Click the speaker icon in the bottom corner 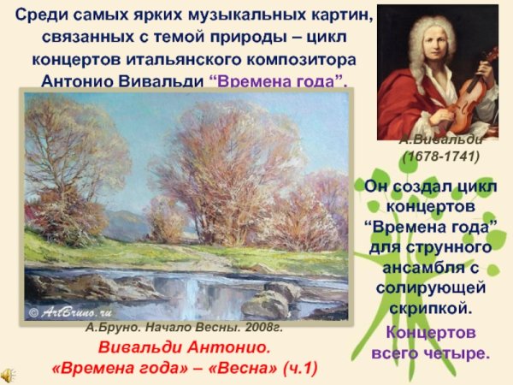[x=8, y=375]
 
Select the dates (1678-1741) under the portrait [x=441, y=157]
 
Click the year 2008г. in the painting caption [x=261, y=328]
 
